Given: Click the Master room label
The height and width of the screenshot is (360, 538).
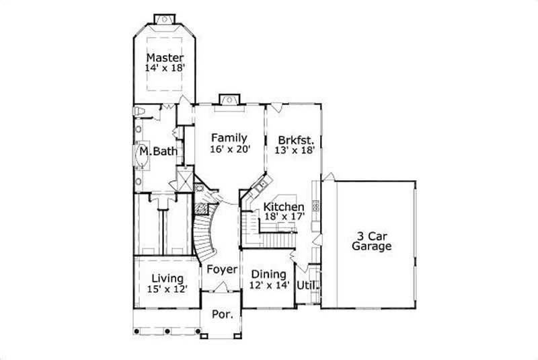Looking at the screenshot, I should (x=165, y=58).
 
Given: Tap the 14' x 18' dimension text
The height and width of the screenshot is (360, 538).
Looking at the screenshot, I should (x=165, y=68).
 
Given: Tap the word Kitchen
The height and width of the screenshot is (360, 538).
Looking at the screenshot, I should (x=283, y=207).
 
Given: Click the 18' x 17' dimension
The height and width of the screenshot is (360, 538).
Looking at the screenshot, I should (x=284, y=217).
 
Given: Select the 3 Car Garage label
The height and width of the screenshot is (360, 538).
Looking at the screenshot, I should (x=371, y=241).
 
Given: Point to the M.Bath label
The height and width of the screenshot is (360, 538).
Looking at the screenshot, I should (x=159, y=152).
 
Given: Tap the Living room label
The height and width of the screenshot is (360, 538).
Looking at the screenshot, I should (x=167, y=278).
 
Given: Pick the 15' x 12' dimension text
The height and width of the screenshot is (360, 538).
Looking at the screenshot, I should (x=167, y=289).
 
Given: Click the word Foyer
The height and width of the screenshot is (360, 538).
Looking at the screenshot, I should (x=222, y=270).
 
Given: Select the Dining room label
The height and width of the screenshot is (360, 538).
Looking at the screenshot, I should (x=268, y=275).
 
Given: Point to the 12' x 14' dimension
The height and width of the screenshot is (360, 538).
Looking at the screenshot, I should (x=269, y=285).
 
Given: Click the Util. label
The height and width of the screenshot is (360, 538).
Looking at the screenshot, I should (x=307, y=285).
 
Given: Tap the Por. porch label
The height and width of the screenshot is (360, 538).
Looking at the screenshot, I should (x=222, y=314).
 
